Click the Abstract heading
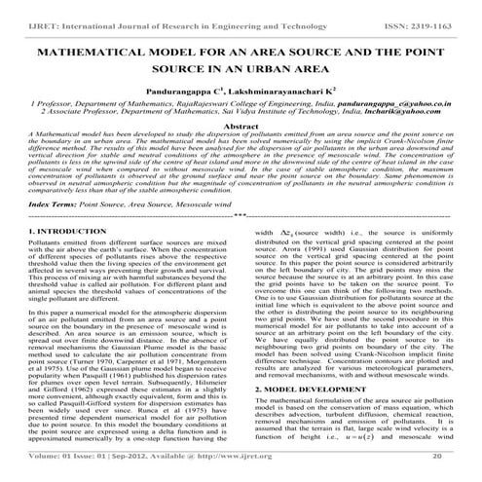point(241,127)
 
